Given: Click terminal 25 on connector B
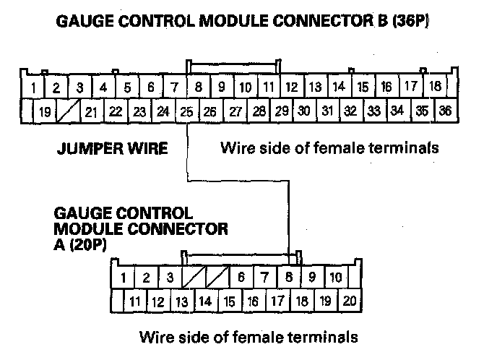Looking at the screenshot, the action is [x=187, y=111].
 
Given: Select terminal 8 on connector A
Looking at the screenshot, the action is [x=288, y=277].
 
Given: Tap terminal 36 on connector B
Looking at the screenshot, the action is [x=446, y=111].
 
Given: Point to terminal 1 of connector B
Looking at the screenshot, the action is [x=33, y=87].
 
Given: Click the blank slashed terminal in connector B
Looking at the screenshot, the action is [x=68, y=111].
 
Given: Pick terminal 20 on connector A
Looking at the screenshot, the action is [x=350, y=301].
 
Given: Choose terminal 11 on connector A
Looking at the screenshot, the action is [x=135, y=301].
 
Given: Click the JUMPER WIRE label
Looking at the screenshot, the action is [x=112, y=148].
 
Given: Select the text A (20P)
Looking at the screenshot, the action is [x=80, y=244].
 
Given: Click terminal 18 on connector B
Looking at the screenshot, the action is [x=435, y=86].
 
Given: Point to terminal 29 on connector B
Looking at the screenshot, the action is [x=282, y=111].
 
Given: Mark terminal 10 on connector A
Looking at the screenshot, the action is [x=336, y=277].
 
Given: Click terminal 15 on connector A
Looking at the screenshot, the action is [x=230, y=301].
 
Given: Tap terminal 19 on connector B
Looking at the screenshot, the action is [x=45, y=111].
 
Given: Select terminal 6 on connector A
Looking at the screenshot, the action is [x=241, y=277].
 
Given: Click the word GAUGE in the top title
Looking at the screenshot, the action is [x=85, y=21].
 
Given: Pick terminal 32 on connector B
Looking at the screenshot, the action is [x=350, y=111].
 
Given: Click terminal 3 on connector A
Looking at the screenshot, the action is [x=170, y=277].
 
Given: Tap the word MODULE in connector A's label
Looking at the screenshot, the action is [x=88, y=228].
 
